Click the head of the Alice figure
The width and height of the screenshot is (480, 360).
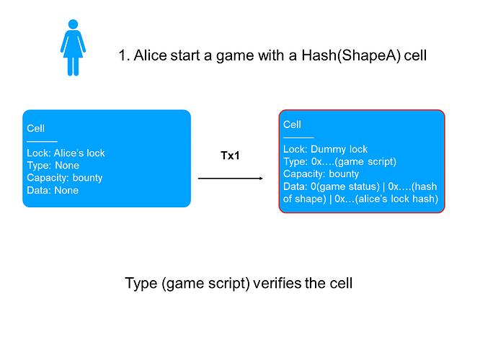[74, 24]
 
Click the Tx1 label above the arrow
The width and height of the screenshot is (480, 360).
[230, 156]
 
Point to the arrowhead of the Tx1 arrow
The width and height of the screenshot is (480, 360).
[261, 179]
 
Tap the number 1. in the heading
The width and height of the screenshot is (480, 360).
[125, 55]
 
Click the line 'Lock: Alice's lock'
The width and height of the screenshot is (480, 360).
[66, 153]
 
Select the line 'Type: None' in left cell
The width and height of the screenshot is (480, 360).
[53, 166]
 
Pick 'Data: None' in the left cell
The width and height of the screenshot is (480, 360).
[53, 191]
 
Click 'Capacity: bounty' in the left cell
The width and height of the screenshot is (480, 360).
[65, 178]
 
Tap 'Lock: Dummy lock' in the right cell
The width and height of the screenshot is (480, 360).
[326, 149]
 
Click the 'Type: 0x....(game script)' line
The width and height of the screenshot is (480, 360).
[339, 162]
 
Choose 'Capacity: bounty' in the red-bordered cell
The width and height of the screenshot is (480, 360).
[321, 174]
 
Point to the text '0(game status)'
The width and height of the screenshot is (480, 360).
[345, 186]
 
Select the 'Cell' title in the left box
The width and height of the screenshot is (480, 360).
[35, 128]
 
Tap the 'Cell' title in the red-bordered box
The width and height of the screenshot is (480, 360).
[292, 125]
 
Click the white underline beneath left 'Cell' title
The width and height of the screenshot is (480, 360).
[43, 142]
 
